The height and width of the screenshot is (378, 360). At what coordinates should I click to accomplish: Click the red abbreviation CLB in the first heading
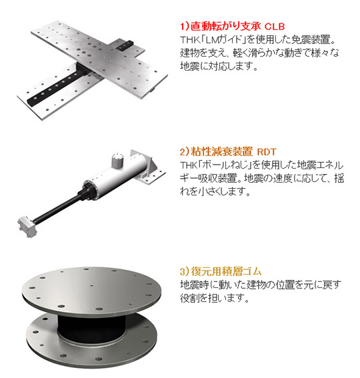tap(275, 26)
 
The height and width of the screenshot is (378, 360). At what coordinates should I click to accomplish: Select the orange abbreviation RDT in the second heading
tap(267, 152)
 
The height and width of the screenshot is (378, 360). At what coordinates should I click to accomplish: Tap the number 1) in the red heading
tap(185, 26)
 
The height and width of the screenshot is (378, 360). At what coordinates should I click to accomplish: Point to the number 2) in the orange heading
tap(185, 152)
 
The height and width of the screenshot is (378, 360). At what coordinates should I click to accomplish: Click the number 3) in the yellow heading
tap(185, 271)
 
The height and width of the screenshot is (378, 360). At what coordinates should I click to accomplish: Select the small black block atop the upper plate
tap(125, 45)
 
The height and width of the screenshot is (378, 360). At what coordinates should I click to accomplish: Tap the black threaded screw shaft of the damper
tap(57, 207)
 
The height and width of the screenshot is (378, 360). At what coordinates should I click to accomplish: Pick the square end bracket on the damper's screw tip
tap(27, 227)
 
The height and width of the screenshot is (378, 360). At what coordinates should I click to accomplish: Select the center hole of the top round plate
tap(91, 286)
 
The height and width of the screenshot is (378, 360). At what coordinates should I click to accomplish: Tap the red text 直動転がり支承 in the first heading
tap(225, 26)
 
